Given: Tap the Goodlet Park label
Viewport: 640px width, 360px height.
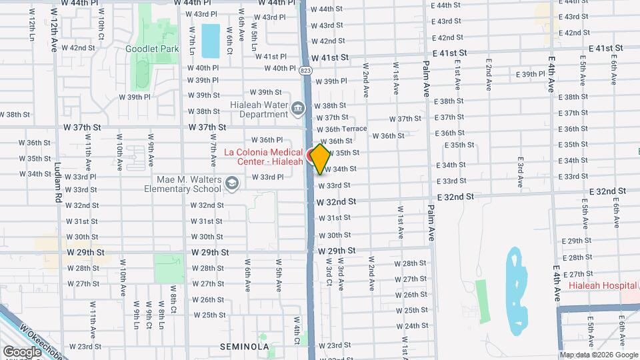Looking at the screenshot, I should coord(152,49).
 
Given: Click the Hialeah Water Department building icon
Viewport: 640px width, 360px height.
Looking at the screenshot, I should coord(297,107).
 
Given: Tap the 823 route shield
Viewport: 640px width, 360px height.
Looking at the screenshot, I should coord(305,69).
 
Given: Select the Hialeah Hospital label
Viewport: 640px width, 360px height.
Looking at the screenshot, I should coord(602,285).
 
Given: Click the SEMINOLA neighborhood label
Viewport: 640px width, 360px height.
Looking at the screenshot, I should coord(245,347).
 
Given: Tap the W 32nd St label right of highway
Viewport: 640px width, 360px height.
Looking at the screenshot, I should coord(336,201).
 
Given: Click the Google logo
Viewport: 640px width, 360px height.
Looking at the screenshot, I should coord(22,351).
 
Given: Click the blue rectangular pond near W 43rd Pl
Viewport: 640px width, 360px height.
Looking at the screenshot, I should coord(210,41).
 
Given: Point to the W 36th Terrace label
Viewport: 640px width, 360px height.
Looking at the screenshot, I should coord(342,129).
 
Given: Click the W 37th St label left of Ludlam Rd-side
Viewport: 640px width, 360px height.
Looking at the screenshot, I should coord(82,127).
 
